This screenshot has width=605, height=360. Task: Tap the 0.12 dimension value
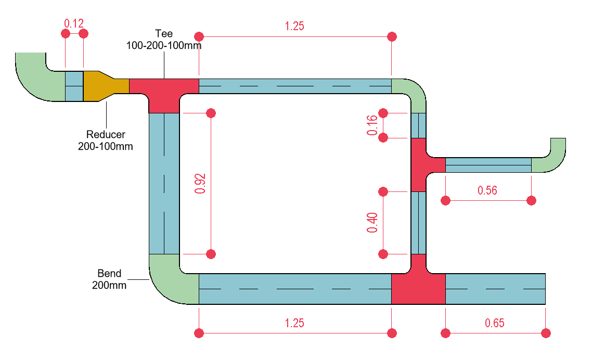click(74, 23)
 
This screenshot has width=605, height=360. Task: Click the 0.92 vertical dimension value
click(200, 183)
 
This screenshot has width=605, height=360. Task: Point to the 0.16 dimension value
click(372, 125)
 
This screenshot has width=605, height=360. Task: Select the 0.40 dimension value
click(372, 223)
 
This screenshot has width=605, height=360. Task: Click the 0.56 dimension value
click(487, 190)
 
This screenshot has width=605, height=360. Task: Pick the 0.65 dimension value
click(494, 323)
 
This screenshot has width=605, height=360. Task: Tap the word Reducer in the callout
click(106, 135)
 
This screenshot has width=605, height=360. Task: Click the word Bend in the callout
click(109, 274)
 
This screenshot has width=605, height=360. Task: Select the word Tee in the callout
click(163, 34)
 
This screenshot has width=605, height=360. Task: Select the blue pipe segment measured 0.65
click(495, 288)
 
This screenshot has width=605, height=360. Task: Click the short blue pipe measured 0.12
click(74, 86)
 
